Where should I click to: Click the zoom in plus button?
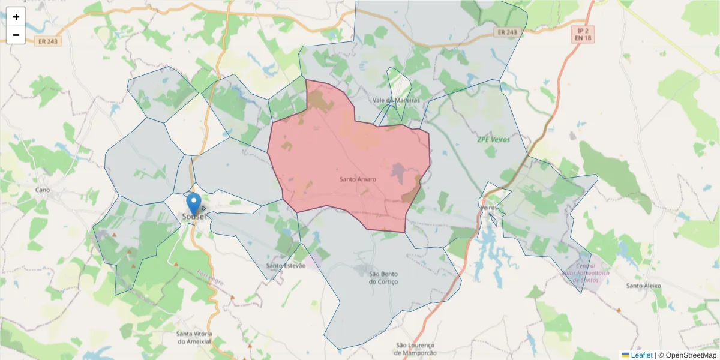(x=16, y=17)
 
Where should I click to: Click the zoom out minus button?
(x=16, y=35)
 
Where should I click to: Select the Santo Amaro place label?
(x=358, y=179)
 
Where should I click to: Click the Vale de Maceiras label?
(x=396, y=100)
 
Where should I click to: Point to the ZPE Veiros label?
(x=493, y=139)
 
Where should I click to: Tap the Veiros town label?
(x=489, y=208)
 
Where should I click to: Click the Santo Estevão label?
(x=286, y=265)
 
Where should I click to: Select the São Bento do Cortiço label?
(x=383, y=278)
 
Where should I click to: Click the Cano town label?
(x=43, y=190)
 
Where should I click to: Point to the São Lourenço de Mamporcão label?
(x=415, y=349)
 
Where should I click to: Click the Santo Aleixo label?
(x=643, y=286)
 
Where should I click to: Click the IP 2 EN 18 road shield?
(x=581, y=34)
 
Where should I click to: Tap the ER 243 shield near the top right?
(x=507, y=32)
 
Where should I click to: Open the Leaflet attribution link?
(x=641, y=355)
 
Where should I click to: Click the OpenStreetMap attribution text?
(x=687, y=355)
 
